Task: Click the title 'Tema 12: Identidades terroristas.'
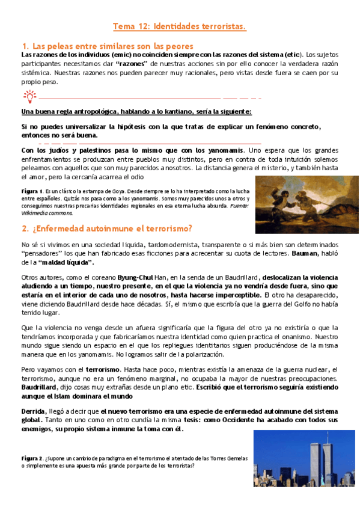point(180,27)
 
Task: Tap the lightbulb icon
point(29,95)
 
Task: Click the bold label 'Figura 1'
point(32,190)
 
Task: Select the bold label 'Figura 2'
point(32,458)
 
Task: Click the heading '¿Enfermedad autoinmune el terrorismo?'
point(111,229)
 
